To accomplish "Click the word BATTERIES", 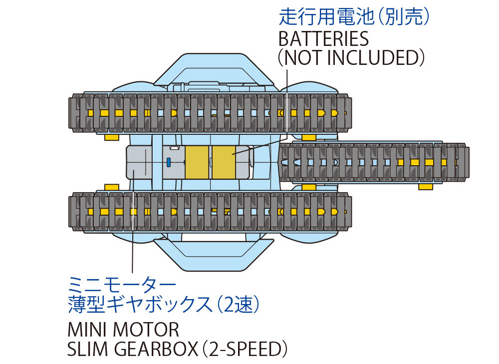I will coord(323,38).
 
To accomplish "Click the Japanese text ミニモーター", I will coord(122,285).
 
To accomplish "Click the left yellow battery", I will coord(198,162).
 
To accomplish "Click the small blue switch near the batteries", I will coord(169,162).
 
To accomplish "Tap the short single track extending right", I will coord(374,162).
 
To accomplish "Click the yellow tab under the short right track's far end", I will coord(425,186).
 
